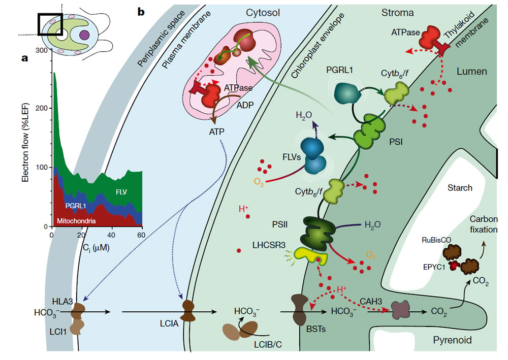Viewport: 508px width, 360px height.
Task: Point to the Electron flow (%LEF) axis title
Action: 26,138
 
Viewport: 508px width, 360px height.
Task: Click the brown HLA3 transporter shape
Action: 79,310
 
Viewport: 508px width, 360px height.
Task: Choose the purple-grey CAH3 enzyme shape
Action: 400,310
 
